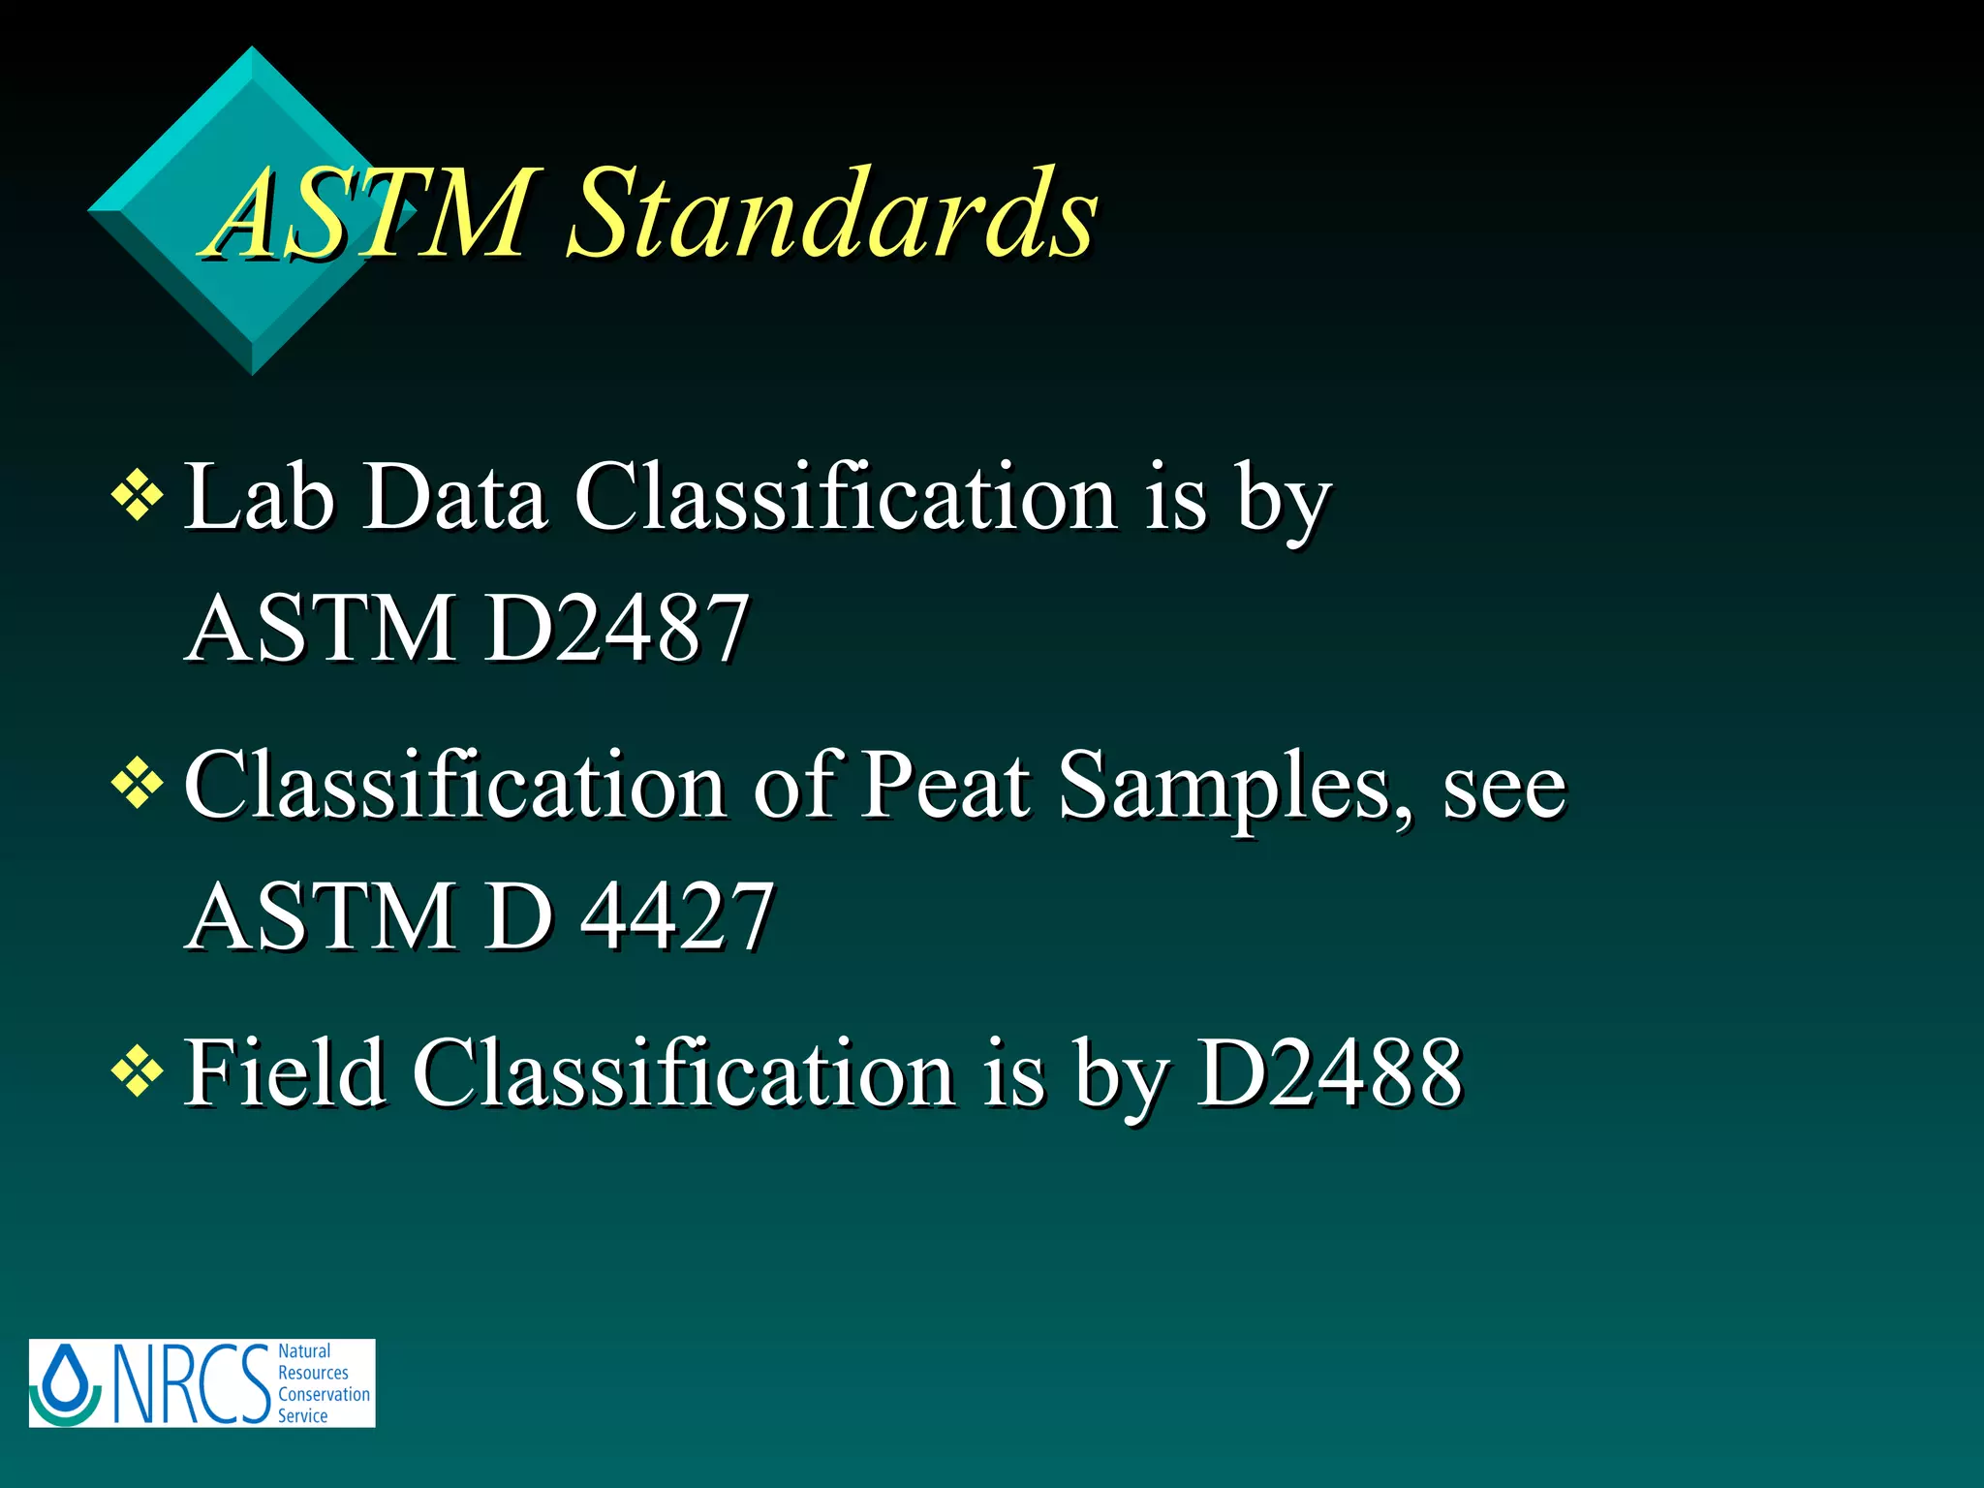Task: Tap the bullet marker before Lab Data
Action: pyautogui.click(x=138, y=497)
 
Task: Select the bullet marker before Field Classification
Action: pyautogui.click(x=138, y=1072)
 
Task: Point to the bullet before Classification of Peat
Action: pyautogui.click(x=138, y=784)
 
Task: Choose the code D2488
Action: pyautogui.click(x=1329, y=1072)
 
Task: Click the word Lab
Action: pyautogui.click(x=260, y=497)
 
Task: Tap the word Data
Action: pyautogui.click(x=453, y=497)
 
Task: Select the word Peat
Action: pyautogui.click(x=946, y=784)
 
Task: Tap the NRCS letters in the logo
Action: pyautogui.click(x=192, y=1383)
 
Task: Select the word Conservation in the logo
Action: pyautogui.click(x=324, y=1394)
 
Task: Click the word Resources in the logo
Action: pyautogui.click(x=313, y=1373)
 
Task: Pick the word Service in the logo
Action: pyautogui.click(x=302, y=1415)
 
